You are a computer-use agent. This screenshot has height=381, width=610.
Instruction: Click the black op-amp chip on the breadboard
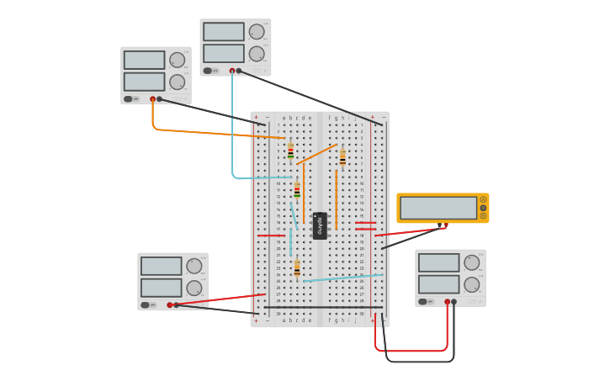click(x=320, y=225)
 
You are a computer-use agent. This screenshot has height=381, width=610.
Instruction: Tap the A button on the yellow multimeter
click(x=483, y=199)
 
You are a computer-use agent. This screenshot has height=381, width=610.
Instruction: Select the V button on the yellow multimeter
click(x=483, y=208)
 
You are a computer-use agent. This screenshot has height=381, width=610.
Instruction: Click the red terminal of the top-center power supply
click(x=232, y=71)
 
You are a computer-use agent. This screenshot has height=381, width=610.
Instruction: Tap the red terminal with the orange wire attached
click(x=153, y=99)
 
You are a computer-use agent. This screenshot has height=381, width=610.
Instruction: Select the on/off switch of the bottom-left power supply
click(x=146, y=304)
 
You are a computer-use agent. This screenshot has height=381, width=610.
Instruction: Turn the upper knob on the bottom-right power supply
click(x=472, y=262)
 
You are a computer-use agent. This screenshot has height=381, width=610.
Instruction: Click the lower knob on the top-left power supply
click(x=177, y=82)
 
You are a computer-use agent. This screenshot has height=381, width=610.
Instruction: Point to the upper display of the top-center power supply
click(x=223, y=32)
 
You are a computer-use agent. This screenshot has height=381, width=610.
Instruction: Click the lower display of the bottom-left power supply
click(x=161, y=287)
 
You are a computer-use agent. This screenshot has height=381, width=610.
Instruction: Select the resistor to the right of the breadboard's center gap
click(x=342, y=157)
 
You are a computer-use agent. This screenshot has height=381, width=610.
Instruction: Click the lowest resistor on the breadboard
click(x=297, y=269)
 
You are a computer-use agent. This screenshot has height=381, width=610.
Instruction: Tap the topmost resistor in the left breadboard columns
click(x=290, y=151)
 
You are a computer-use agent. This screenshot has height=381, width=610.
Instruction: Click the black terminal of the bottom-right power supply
click(x=454, y=301)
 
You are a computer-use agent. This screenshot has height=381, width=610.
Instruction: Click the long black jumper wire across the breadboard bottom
click(x=324, y=307)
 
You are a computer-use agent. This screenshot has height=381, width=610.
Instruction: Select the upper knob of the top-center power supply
click(x=257, y=32)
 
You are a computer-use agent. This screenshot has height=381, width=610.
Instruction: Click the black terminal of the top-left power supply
click(x=160, y=99)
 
